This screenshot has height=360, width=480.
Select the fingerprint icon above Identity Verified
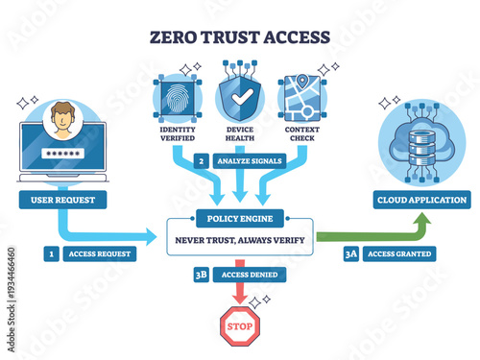click(177, 96)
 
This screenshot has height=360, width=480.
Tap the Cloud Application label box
click(422, 200)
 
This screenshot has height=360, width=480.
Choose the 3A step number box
click(350, 254)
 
